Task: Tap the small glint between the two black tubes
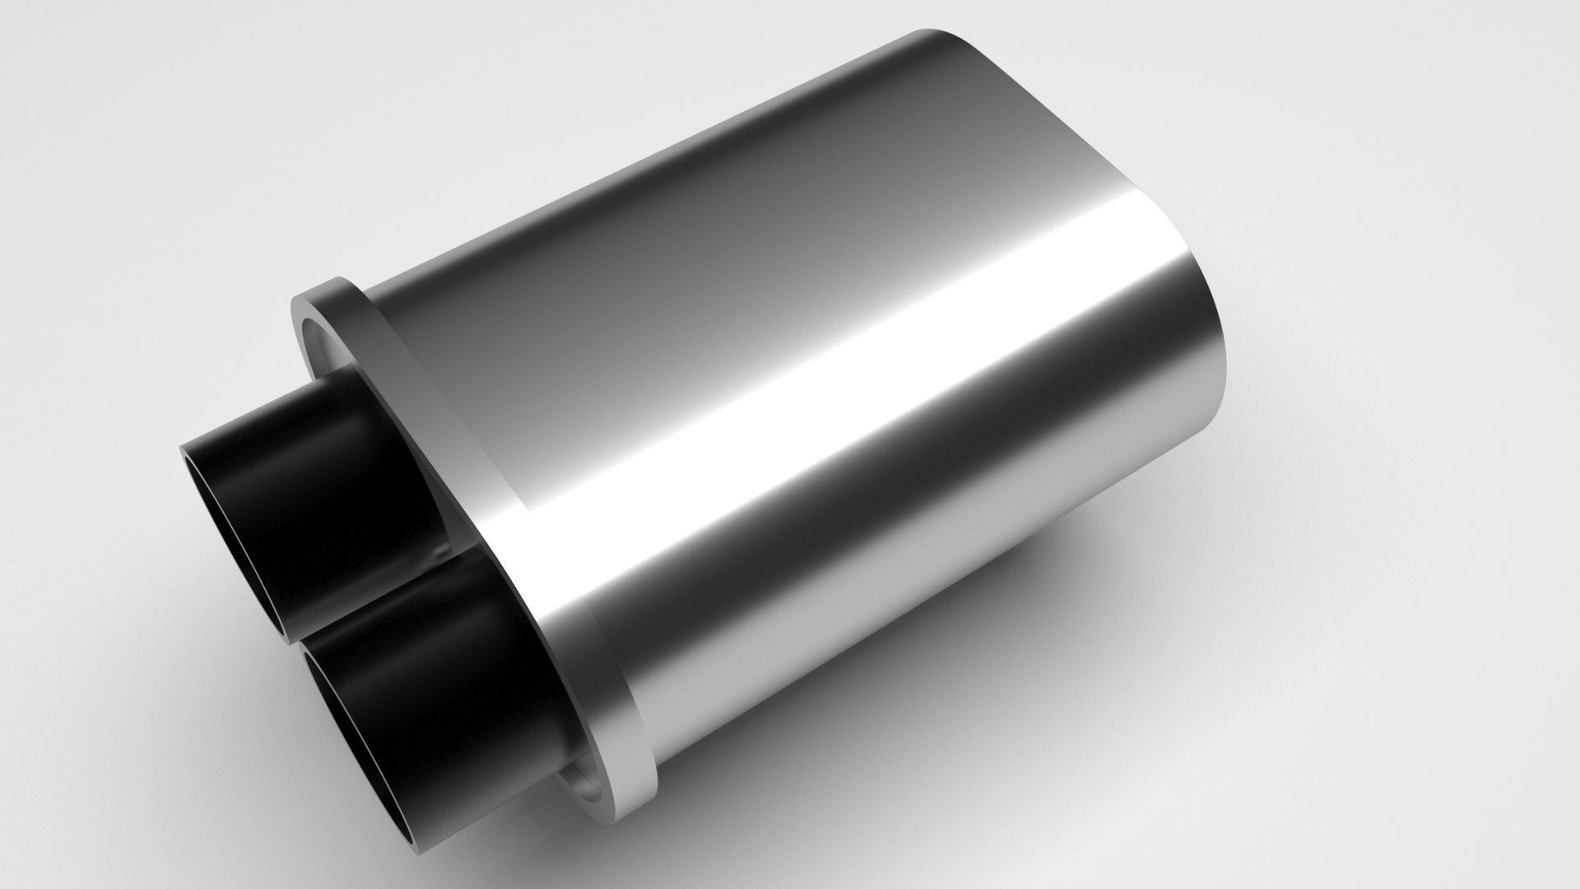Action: (445, 547)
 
